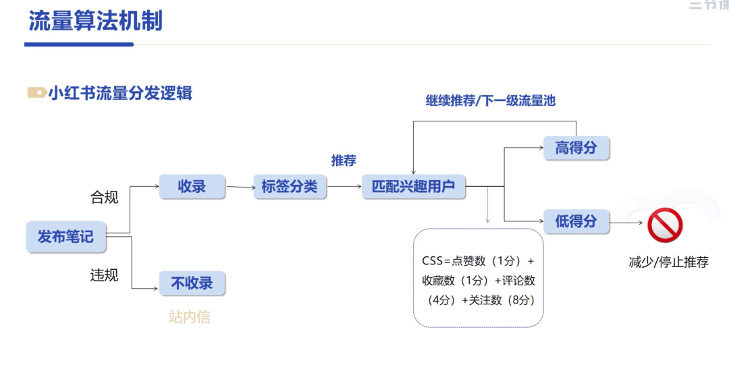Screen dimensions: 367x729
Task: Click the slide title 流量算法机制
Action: tap(95, 21)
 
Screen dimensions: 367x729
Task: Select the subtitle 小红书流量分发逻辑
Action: tap(120, 93)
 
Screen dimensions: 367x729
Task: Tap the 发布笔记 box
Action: tap(65, 237)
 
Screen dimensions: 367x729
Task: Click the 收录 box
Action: tap(192, 186)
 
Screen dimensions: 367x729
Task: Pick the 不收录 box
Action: tap(192, 283)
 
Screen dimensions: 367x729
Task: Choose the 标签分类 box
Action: tap(290, 186)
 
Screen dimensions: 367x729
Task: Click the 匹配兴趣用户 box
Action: tap(414, 186)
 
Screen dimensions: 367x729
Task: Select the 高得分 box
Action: tap(576, 148)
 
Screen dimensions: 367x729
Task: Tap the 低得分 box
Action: tap(576, 221)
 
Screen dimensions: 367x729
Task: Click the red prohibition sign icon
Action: tap(665, 225)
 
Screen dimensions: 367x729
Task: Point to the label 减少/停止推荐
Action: tap(668, 262)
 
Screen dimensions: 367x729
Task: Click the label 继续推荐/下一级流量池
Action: tap(490, 101)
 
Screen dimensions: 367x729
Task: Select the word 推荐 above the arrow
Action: tap(344, 161)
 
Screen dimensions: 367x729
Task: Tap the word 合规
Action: tap(104, 197)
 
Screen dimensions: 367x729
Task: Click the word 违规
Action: tap(104, 275)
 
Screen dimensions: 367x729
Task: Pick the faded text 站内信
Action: tap(189, 316)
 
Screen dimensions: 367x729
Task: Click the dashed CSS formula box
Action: tap(478, 278)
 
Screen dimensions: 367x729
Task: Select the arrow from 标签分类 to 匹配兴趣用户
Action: tap(344, 187)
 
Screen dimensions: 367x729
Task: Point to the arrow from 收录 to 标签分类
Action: tap(240, 187)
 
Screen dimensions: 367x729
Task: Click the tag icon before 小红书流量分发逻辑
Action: tap(36, 93)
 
